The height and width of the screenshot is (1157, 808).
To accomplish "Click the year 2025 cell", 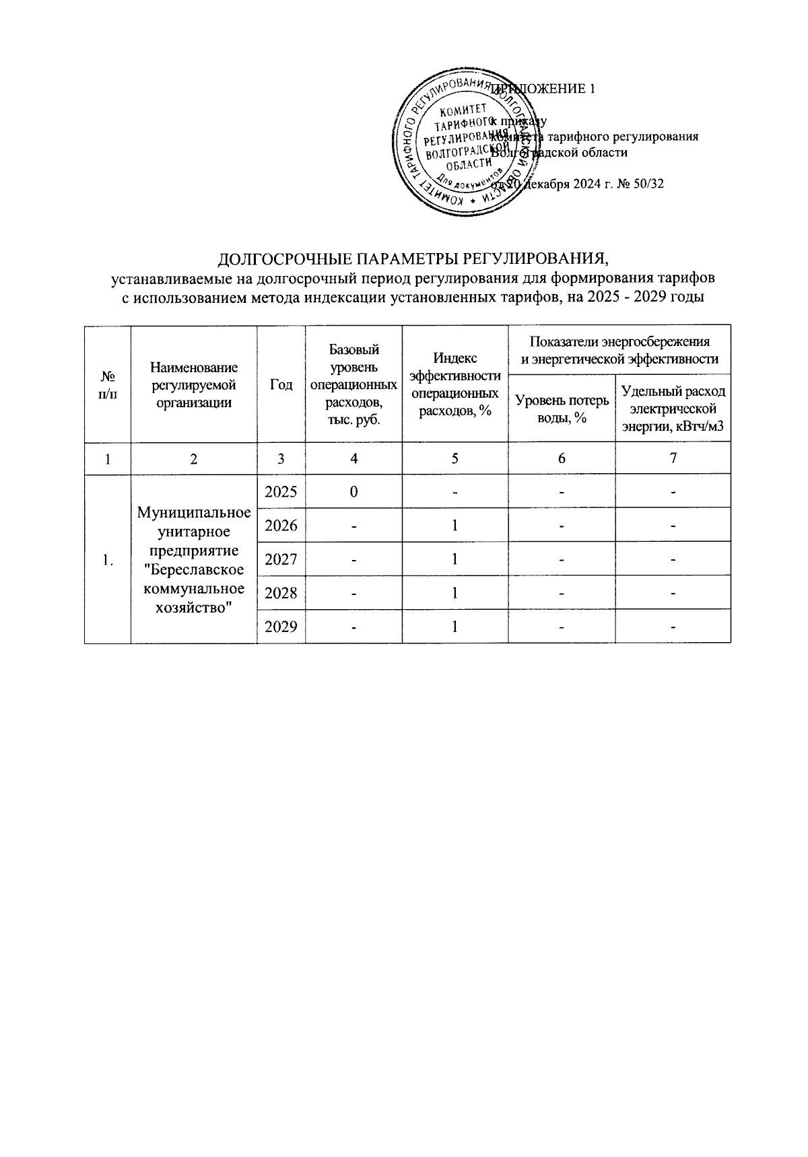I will pyautogui.click(x=281, y=491).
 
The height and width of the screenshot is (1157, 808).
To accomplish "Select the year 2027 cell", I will pyautogui.click(x=281, y=559).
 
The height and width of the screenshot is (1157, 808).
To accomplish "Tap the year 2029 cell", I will pyautogui.click(x=281, y=626).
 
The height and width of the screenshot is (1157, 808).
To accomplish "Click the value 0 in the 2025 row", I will pyautogui.click(x=353, y=491).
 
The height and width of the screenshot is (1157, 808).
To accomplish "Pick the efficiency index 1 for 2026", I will pyautogui.click(x=455, y=525).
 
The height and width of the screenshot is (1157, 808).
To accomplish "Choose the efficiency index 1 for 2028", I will pyautogui.click(x=455, y=592).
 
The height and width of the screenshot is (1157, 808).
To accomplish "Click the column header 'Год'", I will pyautogui.click(x=281, y=384).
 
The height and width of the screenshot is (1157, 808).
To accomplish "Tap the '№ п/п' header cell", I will pyautogui.click(x=107, y=384).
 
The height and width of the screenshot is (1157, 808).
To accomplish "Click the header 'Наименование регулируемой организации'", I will pyautogui.click(x=194, y=384).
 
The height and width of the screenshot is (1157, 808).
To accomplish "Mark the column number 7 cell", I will pyautogui.click(x=673, y=458).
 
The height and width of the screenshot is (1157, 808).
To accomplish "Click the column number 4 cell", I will pyautogui.click(x=353, y=458).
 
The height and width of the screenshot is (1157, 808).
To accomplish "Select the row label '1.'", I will pyautogui.click(x=107, y=559).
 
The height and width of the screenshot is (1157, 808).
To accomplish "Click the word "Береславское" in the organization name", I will pyautogui.click(x=194, y=569).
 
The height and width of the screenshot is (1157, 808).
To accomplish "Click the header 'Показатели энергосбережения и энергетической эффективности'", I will pyautogui.click(x=619, y=350).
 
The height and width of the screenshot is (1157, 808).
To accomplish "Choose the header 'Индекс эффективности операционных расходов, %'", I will pyautogui.click(x=455, y=384).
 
